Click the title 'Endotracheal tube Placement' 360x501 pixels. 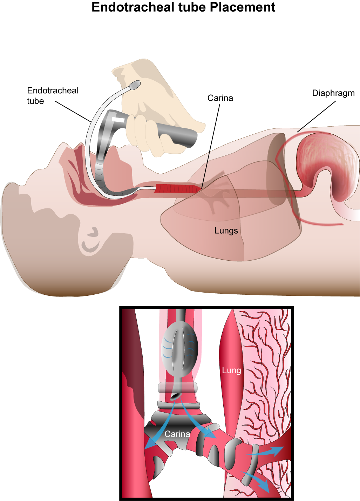183,7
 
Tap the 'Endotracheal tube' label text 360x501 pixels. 53,95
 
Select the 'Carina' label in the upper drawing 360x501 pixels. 220,98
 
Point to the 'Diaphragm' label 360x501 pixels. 333,93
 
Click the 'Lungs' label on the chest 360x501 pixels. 226,231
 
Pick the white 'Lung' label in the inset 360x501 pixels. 231,370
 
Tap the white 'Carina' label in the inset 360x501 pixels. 177,434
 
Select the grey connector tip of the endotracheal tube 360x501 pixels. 135,85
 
